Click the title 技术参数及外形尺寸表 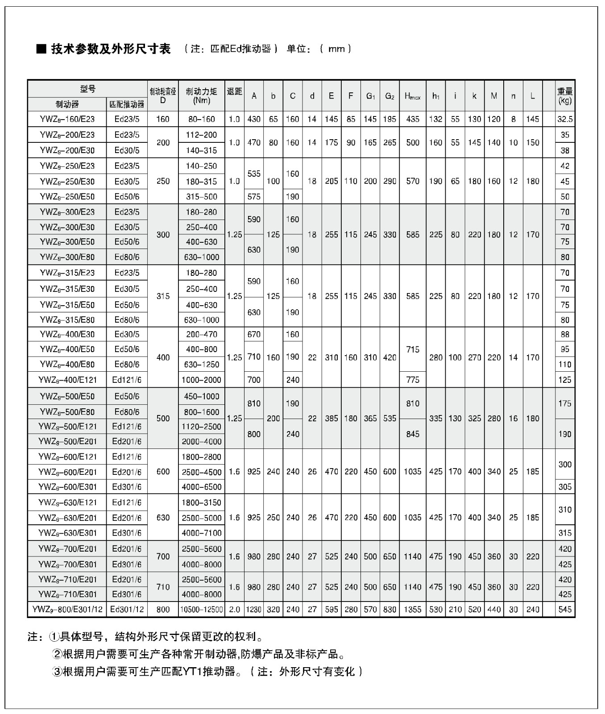(111, 49)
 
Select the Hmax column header (413, 96)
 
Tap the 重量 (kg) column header (565, 96)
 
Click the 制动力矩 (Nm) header (201, 96)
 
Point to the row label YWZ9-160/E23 (67, 119)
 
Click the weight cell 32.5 (565, 119)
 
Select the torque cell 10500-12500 (201, 610)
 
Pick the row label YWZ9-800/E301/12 (67, 610)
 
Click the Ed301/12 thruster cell (127, 610)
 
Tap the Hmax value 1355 (413, 610)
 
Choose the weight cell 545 (565, 610)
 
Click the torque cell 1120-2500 (201, 427)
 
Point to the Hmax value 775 (413, 380)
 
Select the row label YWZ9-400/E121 (67, 380)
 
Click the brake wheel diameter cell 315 (163, 296)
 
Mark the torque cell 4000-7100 (201, 533)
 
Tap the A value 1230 (254, 610)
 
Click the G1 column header (370, 96)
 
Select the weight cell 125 (565, 380)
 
